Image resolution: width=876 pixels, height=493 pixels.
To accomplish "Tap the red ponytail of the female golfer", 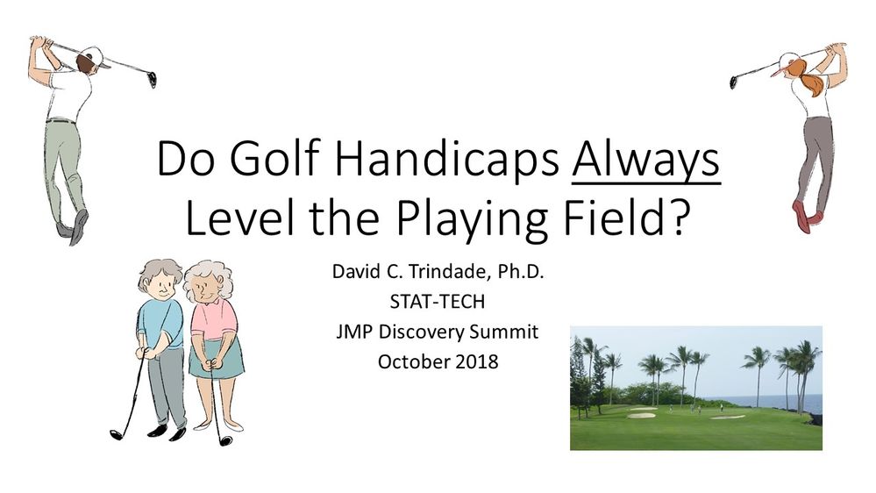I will click(x=812, y=81).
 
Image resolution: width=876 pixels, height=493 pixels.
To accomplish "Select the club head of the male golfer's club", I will click(x=153, y=80).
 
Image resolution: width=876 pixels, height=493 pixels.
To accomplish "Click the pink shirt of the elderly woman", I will click(x=213, y=320).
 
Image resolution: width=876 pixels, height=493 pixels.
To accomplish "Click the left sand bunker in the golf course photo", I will click(x=642, y=414).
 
